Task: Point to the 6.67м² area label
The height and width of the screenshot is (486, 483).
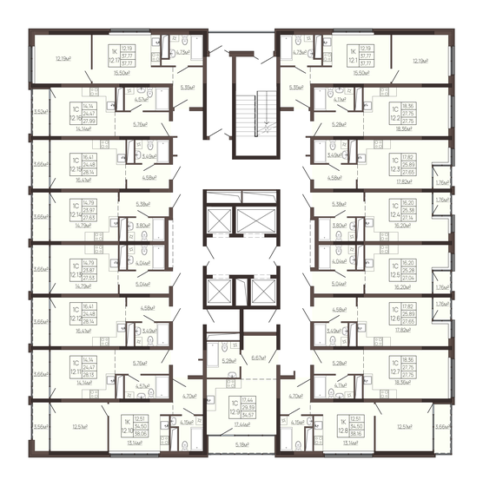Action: pyautogui.click(x=258, y=358)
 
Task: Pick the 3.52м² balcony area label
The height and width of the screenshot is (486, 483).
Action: pyautogui.click(x=38, y=112)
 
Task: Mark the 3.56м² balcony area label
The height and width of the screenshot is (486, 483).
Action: pyautogui.click(x=38, y=427)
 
